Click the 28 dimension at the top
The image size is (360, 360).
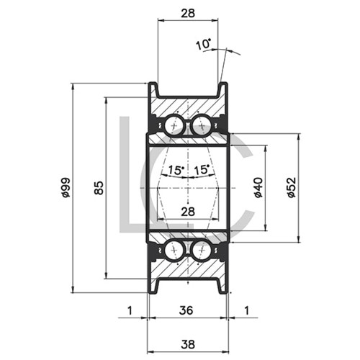187,13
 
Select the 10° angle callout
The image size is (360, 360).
202,45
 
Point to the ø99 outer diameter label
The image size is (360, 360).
65,187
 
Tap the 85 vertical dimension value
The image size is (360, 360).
99,187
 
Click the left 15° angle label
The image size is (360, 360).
175,171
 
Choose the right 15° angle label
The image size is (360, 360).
202,171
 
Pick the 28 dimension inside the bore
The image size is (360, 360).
187,212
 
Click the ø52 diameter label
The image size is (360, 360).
291,187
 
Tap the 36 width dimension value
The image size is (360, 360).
187,310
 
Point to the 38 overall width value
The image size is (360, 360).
187,344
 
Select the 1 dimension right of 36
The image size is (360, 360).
246,310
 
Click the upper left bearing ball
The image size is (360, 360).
174,127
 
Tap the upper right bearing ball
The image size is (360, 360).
201,127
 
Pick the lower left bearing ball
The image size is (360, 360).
174,250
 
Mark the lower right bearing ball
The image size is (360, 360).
201,250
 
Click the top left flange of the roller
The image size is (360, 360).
153,92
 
